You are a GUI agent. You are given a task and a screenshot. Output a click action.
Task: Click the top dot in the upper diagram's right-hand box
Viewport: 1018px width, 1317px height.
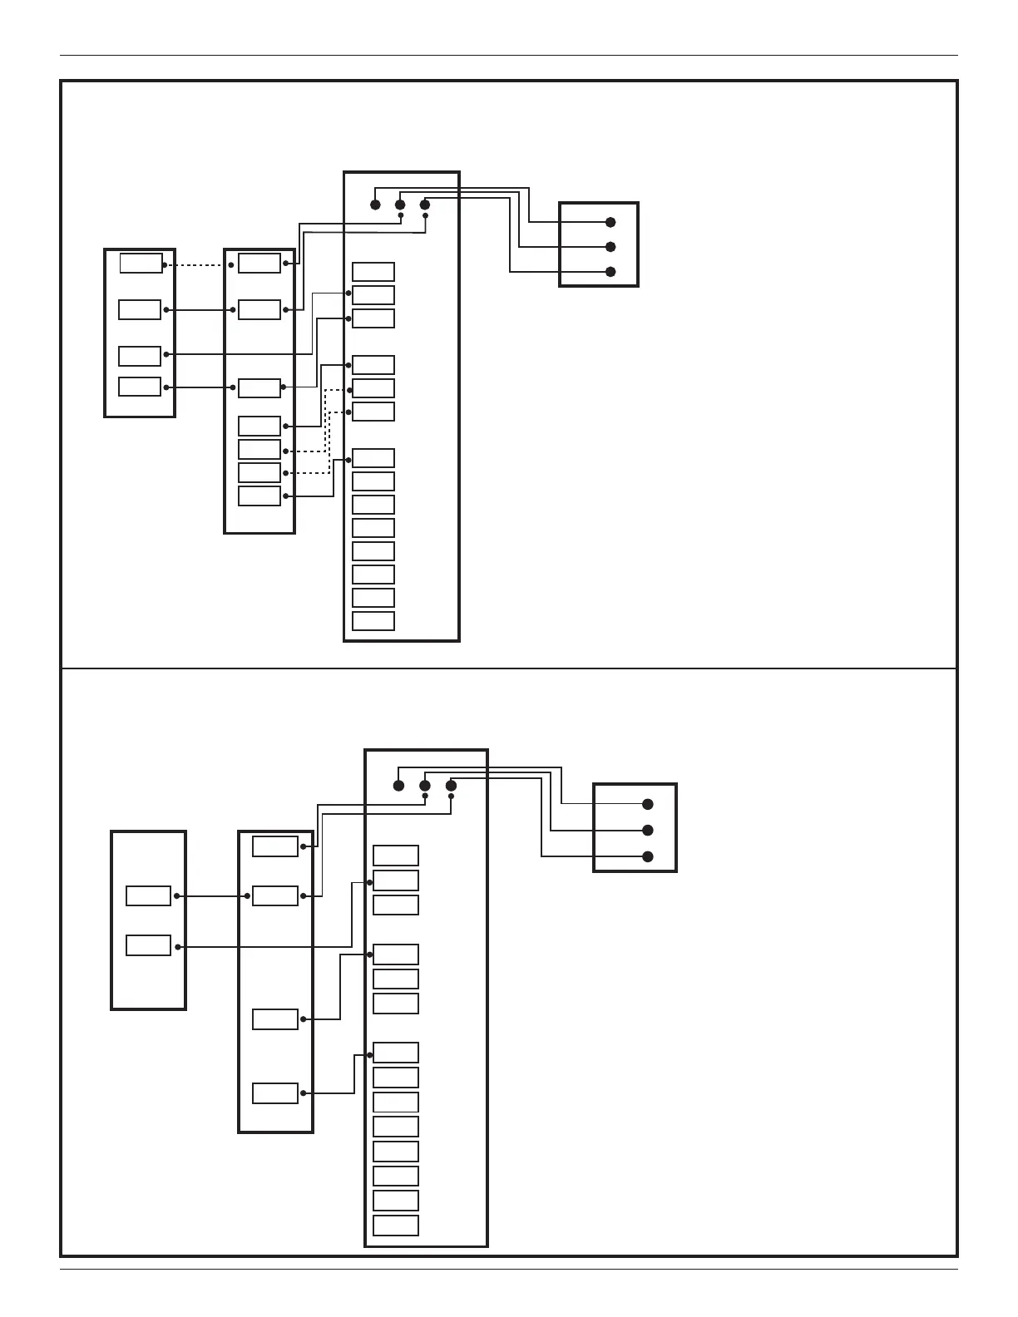(x=610, y=222)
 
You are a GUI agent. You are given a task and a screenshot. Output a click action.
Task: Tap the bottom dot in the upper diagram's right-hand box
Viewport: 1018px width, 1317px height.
(x=610, y=272)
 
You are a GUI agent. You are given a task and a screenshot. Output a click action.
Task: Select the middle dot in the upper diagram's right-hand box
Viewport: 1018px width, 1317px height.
(x=610, y=247)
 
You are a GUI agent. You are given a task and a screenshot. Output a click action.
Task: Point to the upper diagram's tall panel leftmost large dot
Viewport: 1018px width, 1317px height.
(x=375, y=205)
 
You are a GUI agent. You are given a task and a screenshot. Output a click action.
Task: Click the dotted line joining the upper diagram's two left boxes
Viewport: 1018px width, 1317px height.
(x=198, y=265)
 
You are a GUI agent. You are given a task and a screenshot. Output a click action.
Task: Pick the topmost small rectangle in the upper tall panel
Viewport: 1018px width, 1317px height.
(x=373, y=272)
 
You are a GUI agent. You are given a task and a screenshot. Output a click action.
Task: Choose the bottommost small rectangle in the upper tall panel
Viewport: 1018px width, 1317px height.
(x=373, y=621)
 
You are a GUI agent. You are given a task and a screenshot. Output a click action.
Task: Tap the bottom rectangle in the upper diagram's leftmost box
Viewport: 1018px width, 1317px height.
(x=140, y=387)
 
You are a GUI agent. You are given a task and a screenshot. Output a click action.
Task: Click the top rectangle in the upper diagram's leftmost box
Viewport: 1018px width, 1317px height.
(x=141, y=264)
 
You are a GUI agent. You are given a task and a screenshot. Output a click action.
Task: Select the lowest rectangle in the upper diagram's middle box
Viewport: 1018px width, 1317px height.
(x=259, y=496)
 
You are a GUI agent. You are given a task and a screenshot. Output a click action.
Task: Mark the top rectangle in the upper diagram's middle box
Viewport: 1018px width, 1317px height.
(x=259, y=264)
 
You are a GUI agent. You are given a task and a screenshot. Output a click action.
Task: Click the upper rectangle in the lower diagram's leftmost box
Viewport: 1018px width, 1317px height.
(x=148, y=895)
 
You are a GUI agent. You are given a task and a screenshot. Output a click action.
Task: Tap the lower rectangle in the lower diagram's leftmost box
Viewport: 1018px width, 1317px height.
(x=148, y=945)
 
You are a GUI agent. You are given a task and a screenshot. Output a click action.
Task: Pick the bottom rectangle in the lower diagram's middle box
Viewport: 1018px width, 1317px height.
(x=275, y=1093)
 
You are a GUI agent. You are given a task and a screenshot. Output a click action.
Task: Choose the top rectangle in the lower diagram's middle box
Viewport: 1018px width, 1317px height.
(x=275, y=846)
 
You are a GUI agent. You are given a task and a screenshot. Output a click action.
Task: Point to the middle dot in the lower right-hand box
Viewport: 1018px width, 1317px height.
(x=648, y=831)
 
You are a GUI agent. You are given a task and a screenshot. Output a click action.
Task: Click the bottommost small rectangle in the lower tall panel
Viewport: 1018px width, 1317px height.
(x=396, y=1226)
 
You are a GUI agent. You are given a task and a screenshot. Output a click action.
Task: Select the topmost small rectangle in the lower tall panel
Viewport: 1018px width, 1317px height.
(x=396, y=856)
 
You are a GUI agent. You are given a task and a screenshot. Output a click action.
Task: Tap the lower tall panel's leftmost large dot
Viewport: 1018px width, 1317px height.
(x=399, y=786)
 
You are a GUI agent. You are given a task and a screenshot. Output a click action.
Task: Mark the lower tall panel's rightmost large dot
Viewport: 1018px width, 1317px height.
(x=451, y=786)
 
